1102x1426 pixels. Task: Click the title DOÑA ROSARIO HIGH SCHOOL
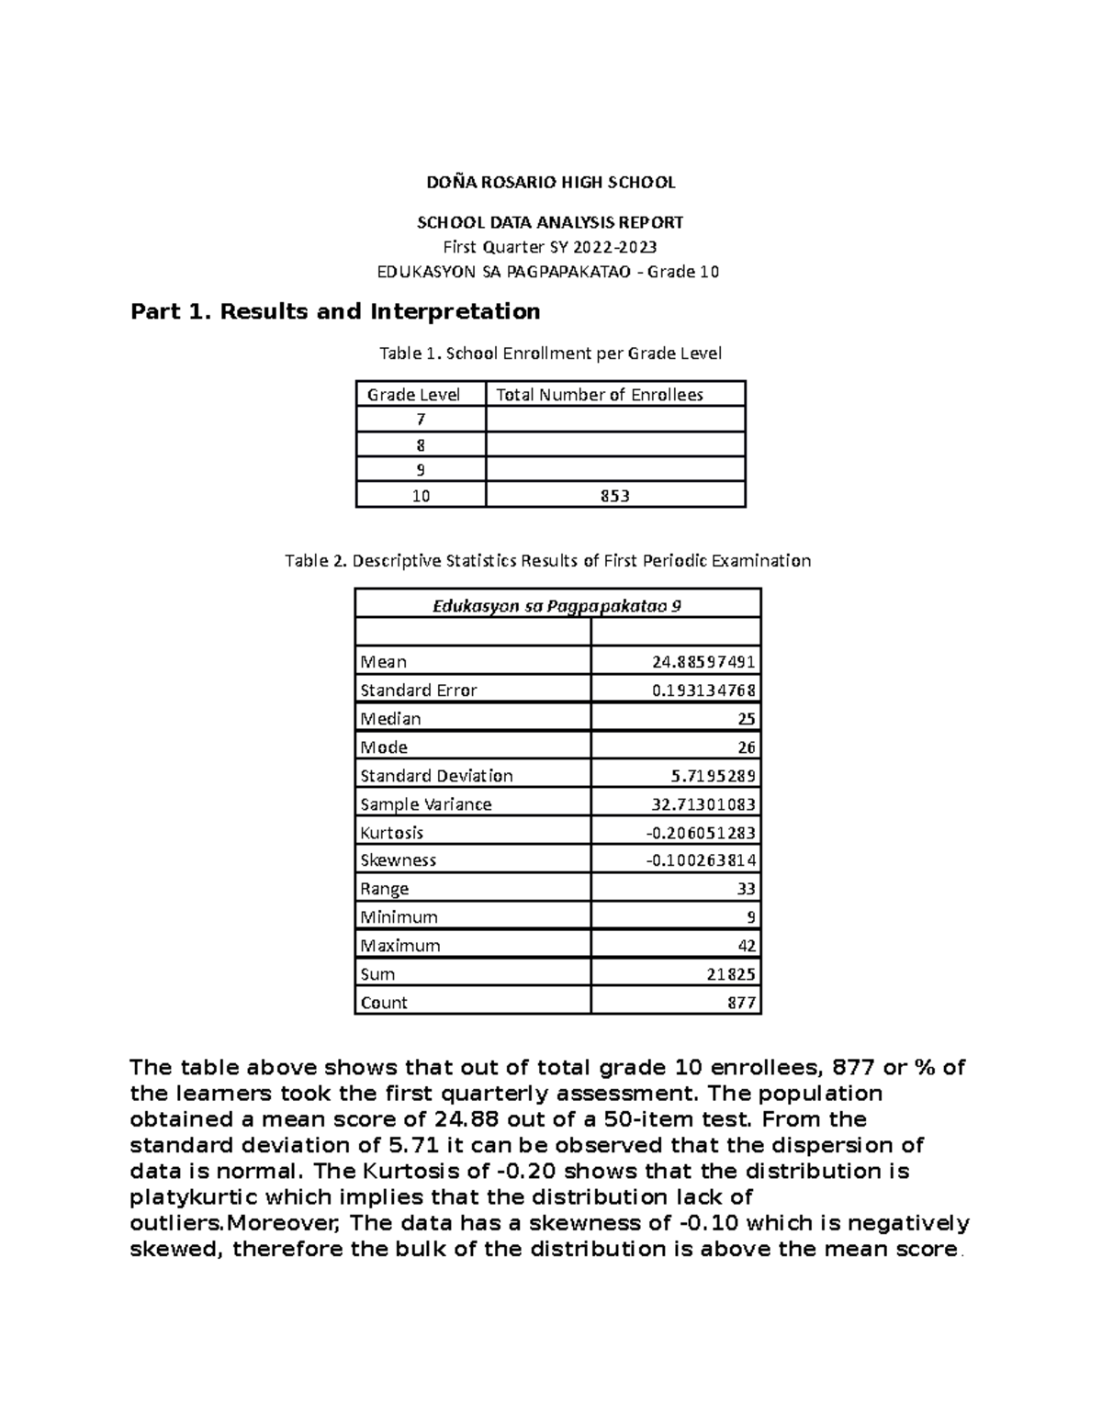(x=550, y=183)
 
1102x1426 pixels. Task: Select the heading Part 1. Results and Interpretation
(x=335, y=312)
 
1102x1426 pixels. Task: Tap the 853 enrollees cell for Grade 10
(x=614, y=496)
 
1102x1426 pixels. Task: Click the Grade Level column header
(x=413, y=395)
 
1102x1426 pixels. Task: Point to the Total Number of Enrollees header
(x=599, y=395)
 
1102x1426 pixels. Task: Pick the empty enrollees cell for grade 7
(x=614, y=420)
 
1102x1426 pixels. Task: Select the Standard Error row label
(x=419, y=691)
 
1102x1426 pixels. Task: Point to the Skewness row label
(x=398, y=860)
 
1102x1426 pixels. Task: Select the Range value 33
(x=746, y=889)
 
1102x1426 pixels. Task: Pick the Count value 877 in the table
(x=741, y=1003)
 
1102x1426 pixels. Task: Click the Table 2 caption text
(x=547, y=561)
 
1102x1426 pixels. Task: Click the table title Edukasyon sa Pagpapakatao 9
(x=557, y=606)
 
